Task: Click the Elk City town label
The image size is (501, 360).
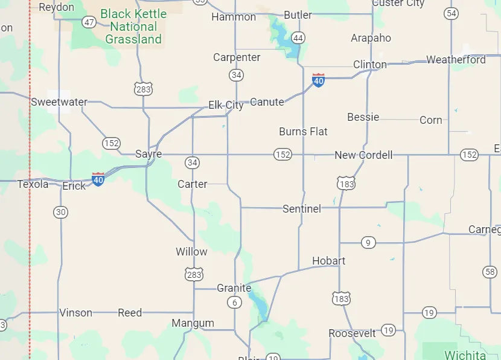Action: pos(226,105)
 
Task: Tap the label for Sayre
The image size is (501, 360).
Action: pos(148,154)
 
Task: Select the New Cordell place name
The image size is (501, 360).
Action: pos(363,155)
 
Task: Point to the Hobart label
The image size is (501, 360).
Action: pos(328,261)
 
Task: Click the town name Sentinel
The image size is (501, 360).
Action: pos(302,209)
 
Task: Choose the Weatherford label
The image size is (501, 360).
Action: pos(456,60)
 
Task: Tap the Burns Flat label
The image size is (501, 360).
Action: pos(303,131)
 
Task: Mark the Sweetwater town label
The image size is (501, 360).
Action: pos(59,102)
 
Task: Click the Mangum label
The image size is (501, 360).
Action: pos(193,323)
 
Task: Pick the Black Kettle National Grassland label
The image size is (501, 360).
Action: pos(133,27)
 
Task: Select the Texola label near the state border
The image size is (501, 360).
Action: pos(33,184)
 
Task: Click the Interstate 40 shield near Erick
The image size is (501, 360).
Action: pos(98,179)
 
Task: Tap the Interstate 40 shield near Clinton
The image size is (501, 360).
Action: pos(318,80)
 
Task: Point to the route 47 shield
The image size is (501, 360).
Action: pos(89,22)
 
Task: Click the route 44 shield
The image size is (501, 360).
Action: pos(298,38)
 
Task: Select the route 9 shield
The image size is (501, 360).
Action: pos(368,243)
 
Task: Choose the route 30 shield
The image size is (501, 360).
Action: pos(60,212)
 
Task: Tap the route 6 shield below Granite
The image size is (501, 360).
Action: pos(234,303)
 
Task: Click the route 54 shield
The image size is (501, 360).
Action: pos(451,13)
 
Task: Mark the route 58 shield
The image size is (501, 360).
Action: pos(490,272)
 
